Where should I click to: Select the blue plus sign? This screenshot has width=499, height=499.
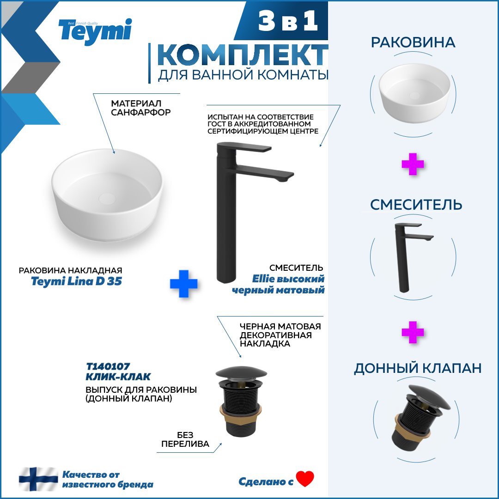tap(183, 283)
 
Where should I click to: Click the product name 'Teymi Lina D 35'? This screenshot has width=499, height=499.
tap(76, 281)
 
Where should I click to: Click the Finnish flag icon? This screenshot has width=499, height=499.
tap(38, 479)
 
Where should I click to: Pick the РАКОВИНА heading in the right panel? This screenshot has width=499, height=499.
tap(413, 43)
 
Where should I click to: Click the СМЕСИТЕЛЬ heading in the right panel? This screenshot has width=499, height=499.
tap(416, 204)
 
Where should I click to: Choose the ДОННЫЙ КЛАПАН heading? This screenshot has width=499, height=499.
tap(418, 368)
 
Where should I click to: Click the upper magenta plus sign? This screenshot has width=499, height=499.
tap(413, 164)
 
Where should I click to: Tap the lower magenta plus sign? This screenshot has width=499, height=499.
tap(413, 333)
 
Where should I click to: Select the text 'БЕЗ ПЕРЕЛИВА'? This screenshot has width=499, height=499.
tap(185, 439)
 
